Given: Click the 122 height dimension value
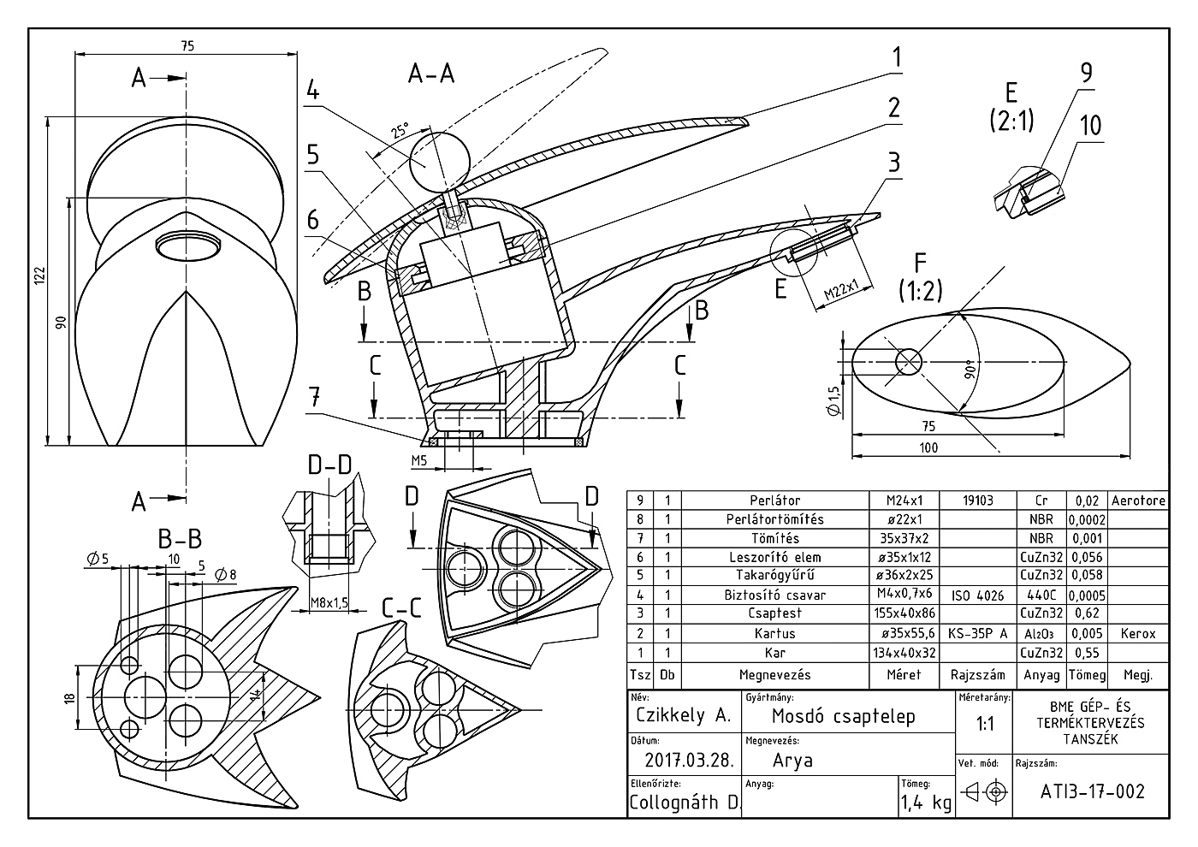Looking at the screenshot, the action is point(40,275).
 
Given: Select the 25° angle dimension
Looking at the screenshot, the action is point(400,130).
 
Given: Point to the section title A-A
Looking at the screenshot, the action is point(431,74).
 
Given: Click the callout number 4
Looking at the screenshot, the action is point(313,90).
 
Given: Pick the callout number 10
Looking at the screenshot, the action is point(1090,126).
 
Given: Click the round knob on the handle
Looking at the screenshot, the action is point(439,162).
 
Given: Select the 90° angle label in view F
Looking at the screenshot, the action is point(970,370).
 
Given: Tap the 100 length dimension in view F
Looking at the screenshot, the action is point(928,447).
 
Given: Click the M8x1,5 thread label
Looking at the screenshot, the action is point(329,602).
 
